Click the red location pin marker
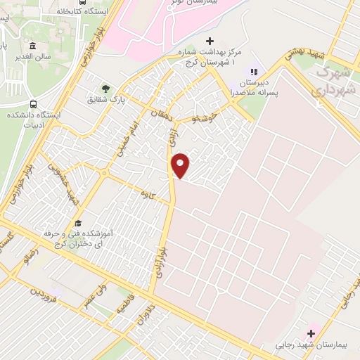[181, 165]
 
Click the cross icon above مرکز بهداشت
[210, 42]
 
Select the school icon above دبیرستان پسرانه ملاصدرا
[255, 71]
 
